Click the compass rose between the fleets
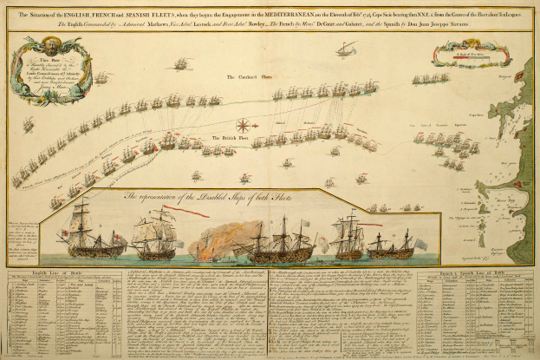(244, 126)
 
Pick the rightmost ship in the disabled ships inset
(394, 242)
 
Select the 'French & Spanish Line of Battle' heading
(472, 274)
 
